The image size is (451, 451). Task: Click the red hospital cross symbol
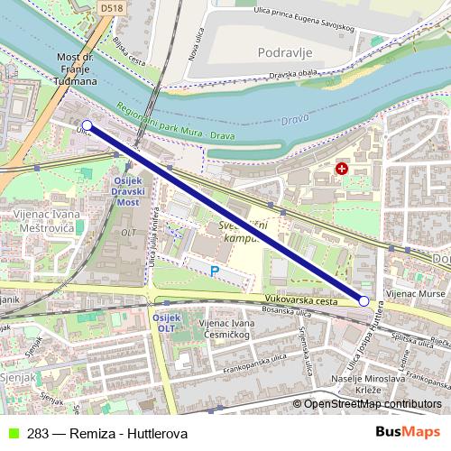pos(342,169)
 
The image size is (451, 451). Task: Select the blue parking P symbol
pos(215,270)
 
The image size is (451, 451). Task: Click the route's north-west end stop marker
pos(87,125)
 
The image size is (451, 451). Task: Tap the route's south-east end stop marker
pos(364,301)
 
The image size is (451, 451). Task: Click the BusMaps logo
pos(408,434)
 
